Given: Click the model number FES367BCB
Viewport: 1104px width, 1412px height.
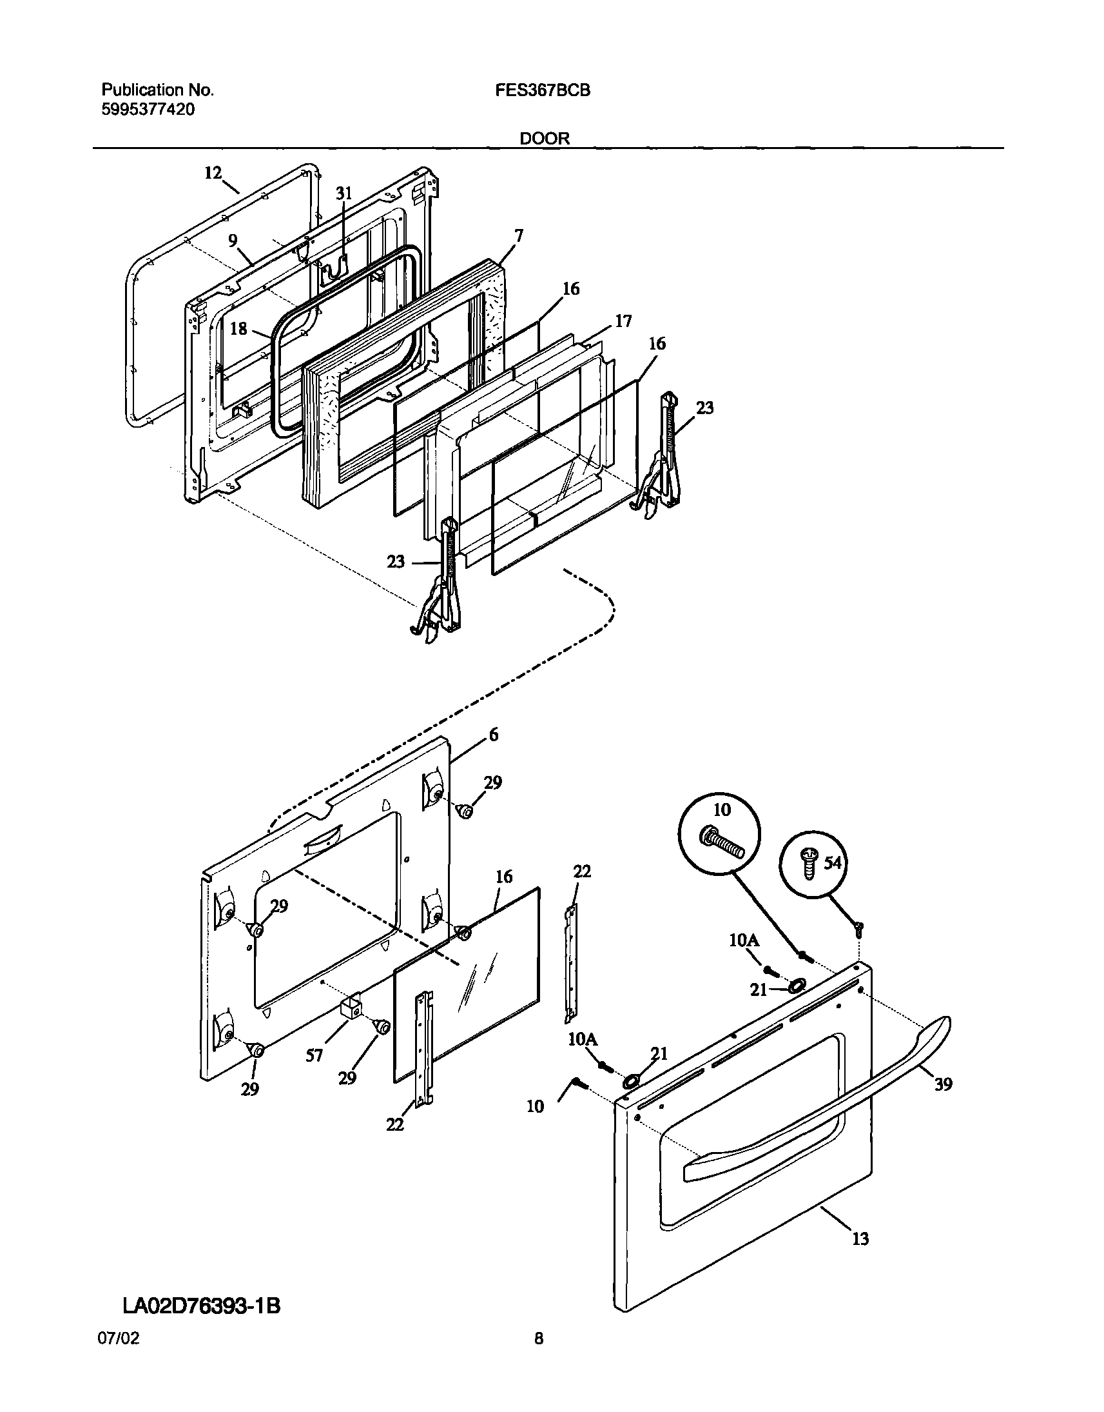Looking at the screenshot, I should tap(542, 90).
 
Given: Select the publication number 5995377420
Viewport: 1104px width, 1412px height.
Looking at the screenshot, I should tap(148, 109).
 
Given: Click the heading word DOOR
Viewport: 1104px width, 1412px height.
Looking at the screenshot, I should tap(545, 139).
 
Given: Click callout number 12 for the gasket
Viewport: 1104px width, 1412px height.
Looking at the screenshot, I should tap(213, 173).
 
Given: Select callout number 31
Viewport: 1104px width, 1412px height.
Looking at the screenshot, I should tap(344, 192).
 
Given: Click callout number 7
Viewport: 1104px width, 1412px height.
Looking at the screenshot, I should tap(518, 235).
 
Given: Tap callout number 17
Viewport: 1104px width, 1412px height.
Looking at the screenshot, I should tap(623, 321).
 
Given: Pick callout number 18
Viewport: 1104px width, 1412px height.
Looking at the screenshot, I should tap(238, 328).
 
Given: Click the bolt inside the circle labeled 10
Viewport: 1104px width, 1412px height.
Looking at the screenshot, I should tap(722, 843).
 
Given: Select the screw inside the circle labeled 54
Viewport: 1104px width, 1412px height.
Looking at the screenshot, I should tap(808, 864).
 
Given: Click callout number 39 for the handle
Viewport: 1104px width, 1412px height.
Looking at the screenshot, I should tap(943, 1084).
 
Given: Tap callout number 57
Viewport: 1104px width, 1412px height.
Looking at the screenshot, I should tap(314, 1055).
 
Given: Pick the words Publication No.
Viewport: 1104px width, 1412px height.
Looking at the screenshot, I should tap(157, 90).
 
